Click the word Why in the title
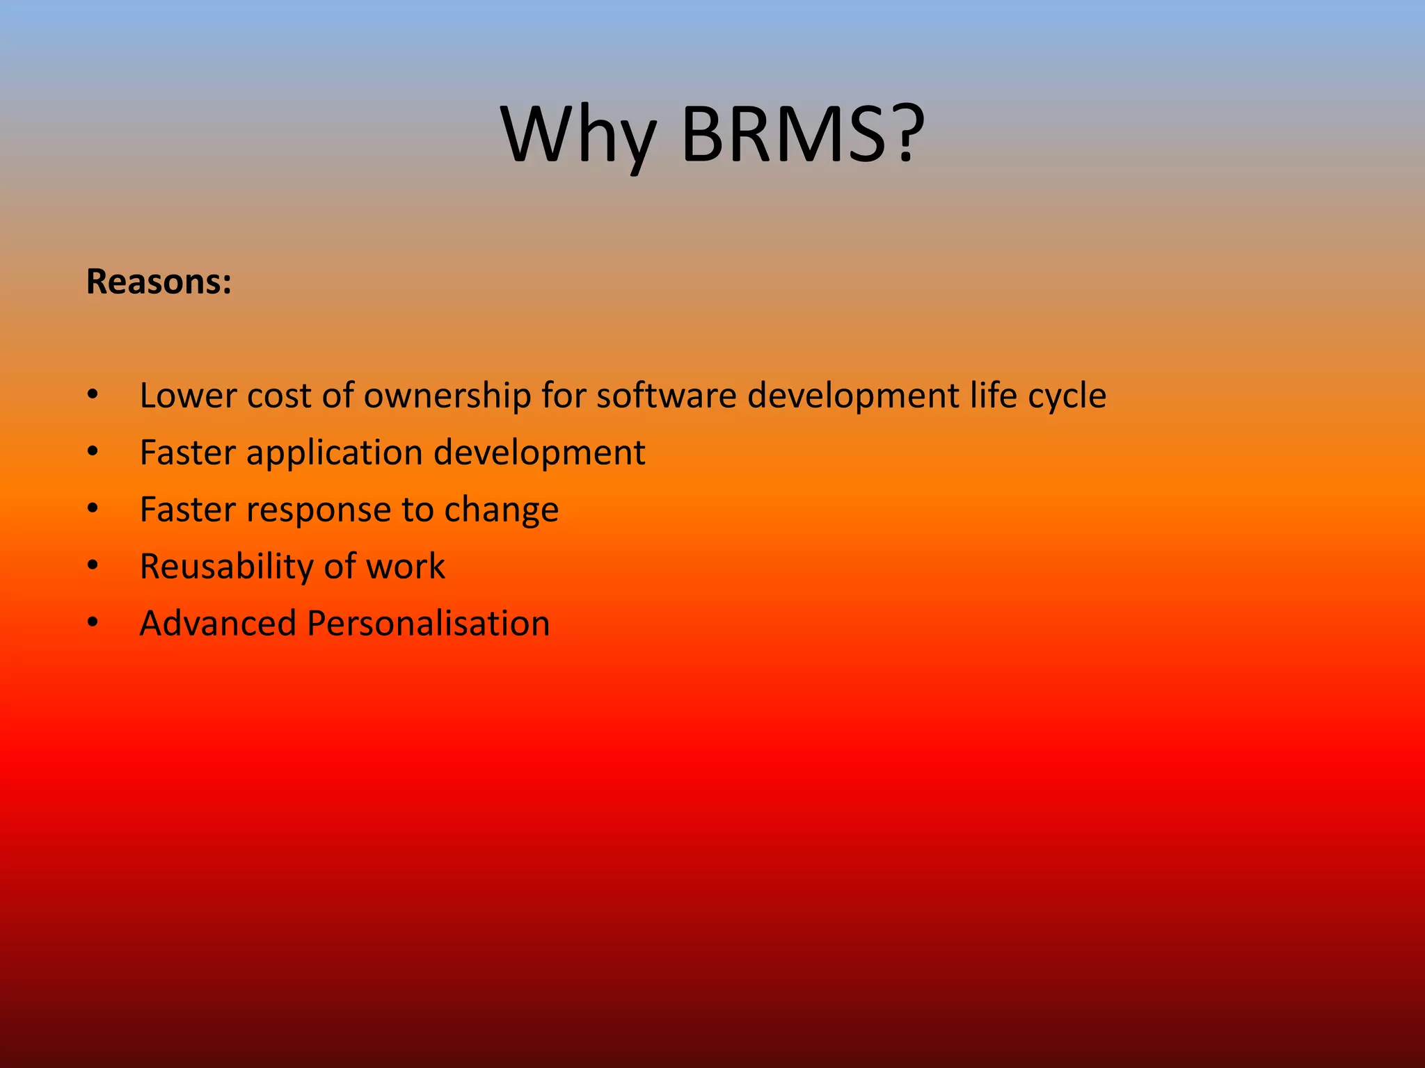tap(578, 136)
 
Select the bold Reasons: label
tap(159, 282)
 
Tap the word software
tap(666, 396)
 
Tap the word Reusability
tap(226, 567)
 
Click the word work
tap(405, 567)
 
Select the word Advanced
tap(218, 624)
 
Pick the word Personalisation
tap(428, 624)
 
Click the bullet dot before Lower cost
tap(93, 396)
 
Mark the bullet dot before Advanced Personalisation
tap(93, 624)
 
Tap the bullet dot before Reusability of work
tap(93, 567)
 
